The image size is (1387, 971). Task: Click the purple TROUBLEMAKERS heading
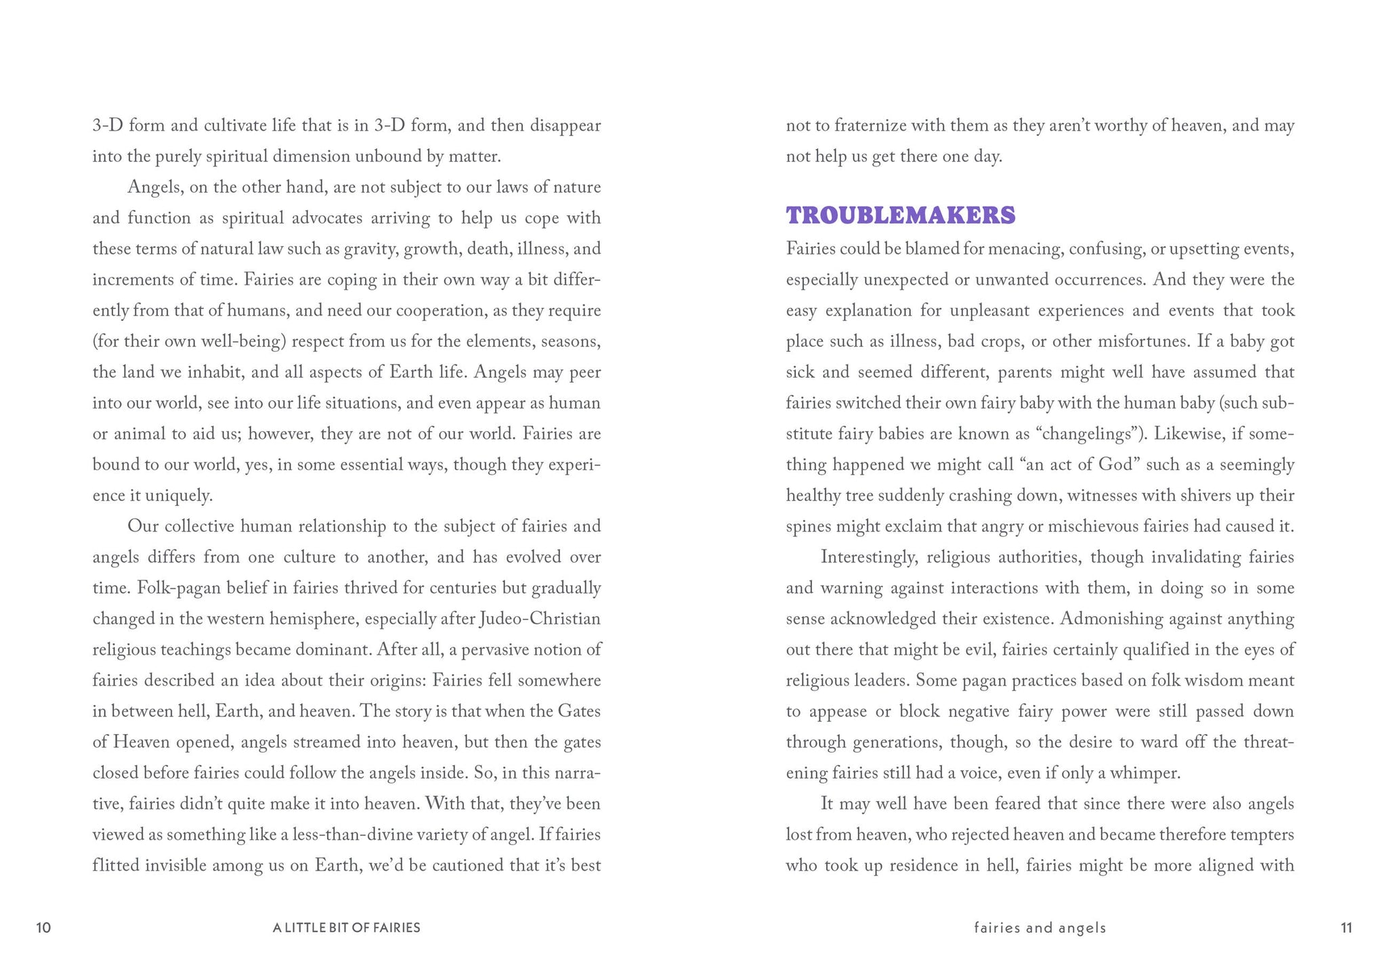[900, 215]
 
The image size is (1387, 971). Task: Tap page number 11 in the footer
[1346, 928]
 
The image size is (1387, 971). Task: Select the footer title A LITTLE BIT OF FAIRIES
[346, 928]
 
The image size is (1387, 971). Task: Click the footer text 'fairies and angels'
[1040, 928]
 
